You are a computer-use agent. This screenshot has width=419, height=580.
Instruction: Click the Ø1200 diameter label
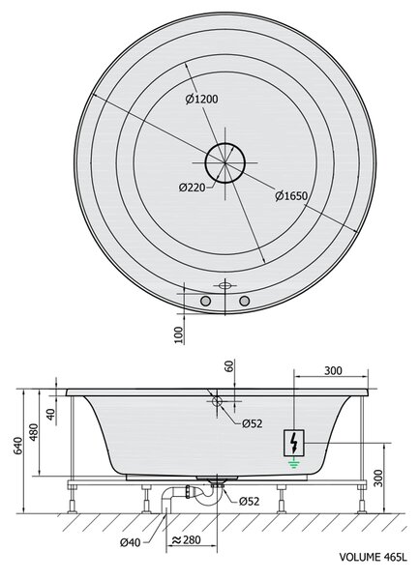(x=201, y=100)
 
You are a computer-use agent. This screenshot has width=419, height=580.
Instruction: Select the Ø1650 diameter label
(x=291, y=195)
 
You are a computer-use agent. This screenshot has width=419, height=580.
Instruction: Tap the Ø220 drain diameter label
(x=192, y=188)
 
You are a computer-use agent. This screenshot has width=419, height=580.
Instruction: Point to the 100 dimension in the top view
(x=179, y=334)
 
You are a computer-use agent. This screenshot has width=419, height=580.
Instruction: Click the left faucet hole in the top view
(x=205, y=301)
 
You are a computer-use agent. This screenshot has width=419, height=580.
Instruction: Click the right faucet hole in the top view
(x=244, y=301)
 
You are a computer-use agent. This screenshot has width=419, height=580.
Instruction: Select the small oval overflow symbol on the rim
(x=224, y=285)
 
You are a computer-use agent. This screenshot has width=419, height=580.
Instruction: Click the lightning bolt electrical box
(x=294, y=443)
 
